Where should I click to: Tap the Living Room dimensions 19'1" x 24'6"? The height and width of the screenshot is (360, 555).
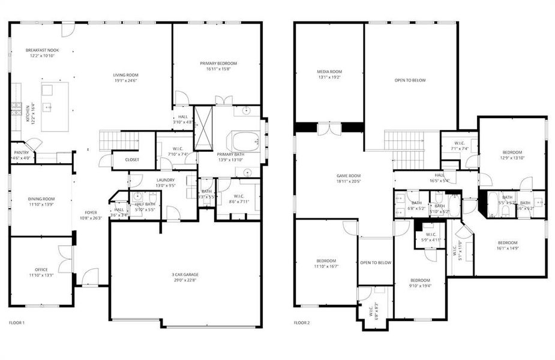(x=125, y=80)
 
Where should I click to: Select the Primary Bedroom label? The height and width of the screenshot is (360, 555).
(x=218, y=63)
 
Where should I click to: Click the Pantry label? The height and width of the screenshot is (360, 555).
(x=21, y=152)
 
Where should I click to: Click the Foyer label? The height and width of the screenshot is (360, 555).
(x=91, y=212)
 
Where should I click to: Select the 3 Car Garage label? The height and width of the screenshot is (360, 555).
(x=185, y=274)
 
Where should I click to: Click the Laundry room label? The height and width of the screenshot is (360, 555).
(x=166, y=180)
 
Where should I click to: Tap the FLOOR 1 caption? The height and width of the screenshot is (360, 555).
(x=17, y=323)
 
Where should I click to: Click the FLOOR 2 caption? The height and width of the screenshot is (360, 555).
(x=302, y=323)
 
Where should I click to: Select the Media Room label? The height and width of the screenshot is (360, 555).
(x=329, y=71)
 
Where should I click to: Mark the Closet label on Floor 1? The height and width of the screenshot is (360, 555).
(x=132, y=160)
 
